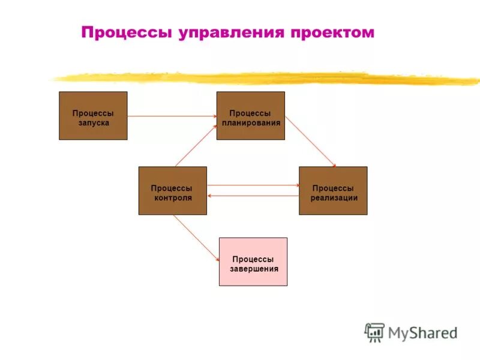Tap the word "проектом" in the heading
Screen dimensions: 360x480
332,32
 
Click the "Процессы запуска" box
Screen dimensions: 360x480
93,116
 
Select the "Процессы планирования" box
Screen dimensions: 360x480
250,116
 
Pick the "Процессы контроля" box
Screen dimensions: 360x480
173,191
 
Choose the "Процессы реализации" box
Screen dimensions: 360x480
333,191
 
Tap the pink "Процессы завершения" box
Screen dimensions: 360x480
253,262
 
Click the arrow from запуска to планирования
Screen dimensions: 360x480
172,115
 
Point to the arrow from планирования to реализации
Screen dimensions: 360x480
310,141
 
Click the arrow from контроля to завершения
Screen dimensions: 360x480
196,238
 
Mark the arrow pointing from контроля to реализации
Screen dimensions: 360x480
253,185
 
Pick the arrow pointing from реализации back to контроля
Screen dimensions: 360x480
253,196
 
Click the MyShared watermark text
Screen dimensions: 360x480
422,332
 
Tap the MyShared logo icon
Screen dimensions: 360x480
374,332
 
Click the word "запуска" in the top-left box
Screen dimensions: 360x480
93,123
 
